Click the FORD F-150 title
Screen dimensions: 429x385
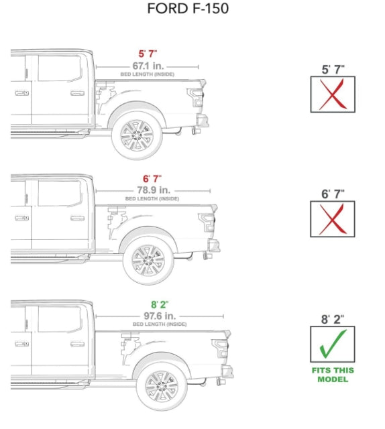coord(188,9)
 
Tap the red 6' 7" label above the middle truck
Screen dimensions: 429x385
coord(152,178)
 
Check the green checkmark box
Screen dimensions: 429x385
coord(332,343)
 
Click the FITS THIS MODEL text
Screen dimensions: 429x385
coord(332,375)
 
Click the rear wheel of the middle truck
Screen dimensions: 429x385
coord(148,259)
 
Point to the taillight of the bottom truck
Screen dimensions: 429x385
coord(221,349)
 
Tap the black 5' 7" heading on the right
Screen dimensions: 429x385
coord(332,69)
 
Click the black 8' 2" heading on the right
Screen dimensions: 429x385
coord(332,319)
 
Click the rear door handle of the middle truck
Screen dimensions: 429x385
coord(77,218)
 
